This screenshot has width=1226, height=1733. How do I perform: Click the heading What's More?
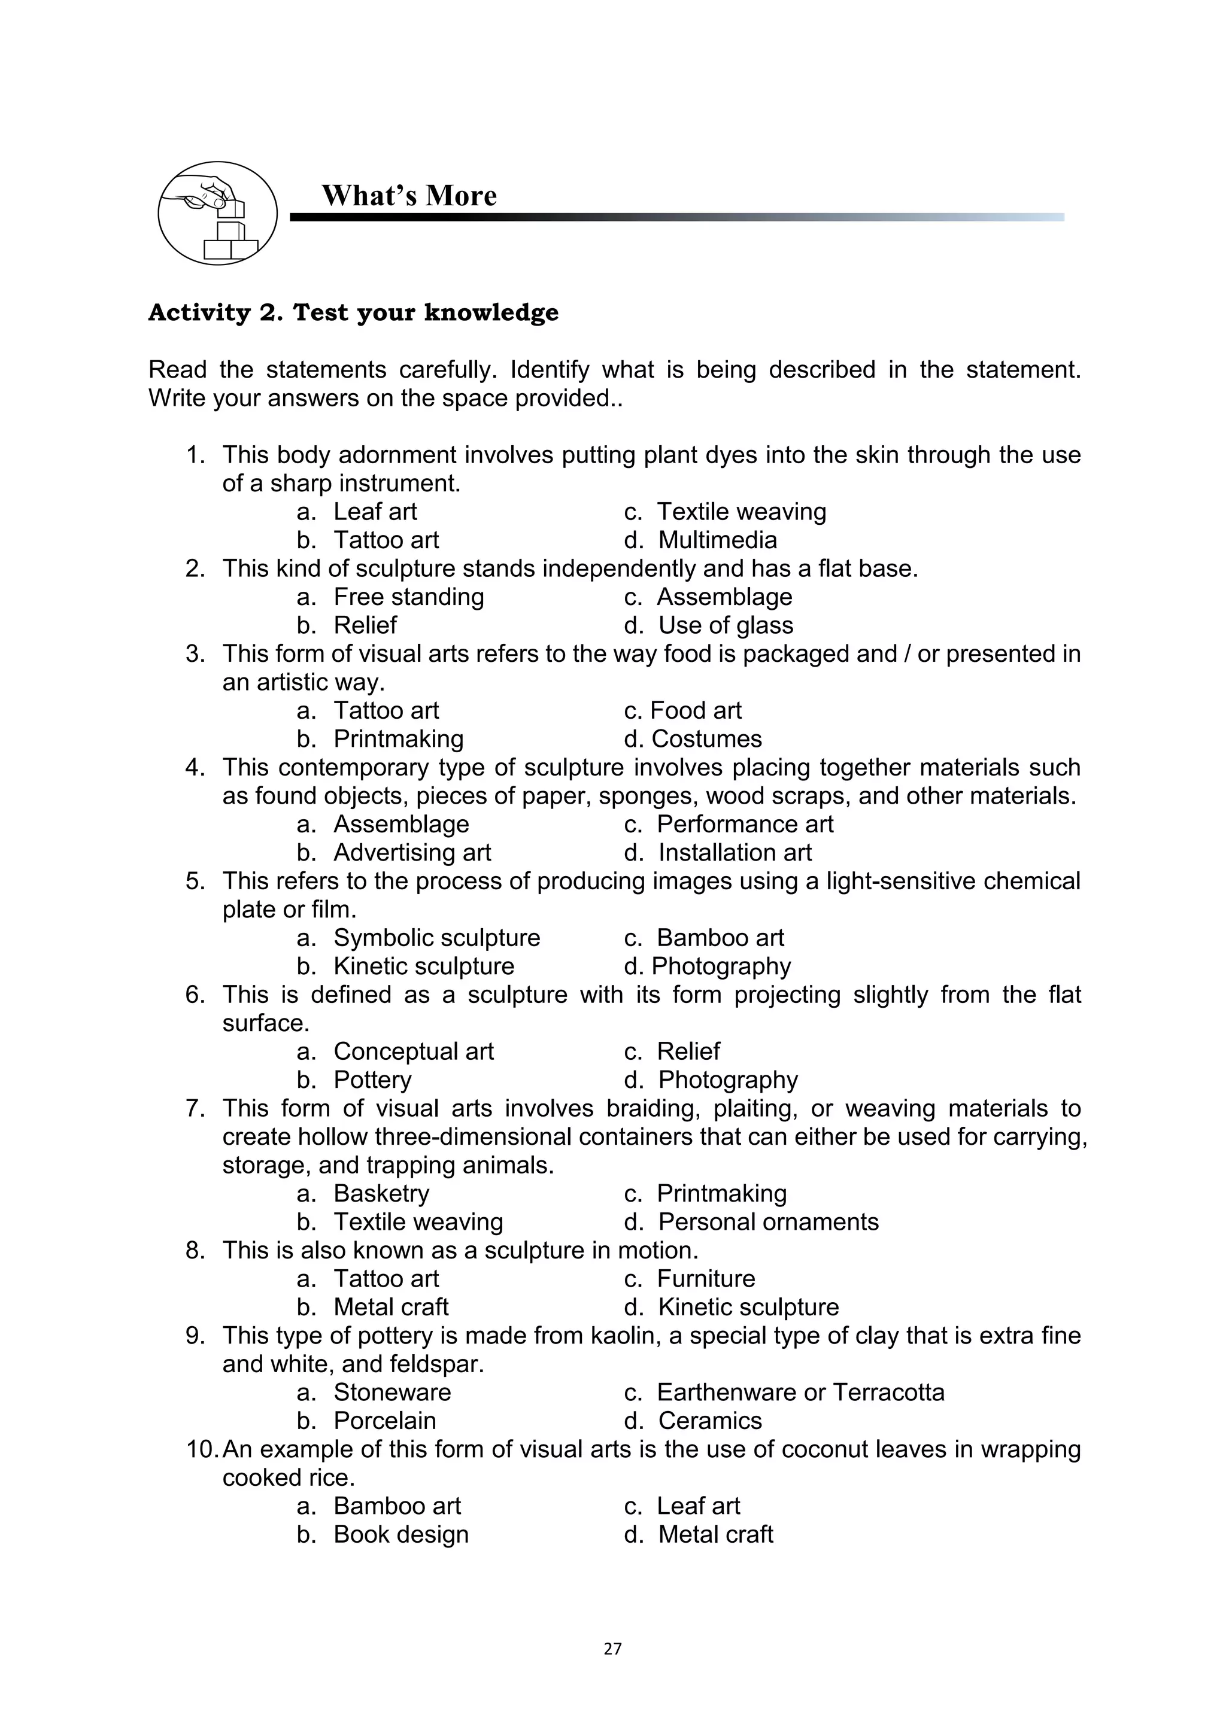coord(409,196)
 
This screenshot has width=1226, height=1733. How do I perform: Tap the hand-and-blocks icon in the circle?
coord(217,214)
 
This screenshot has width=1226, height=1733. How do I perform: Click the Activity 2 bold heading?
coord(353,312)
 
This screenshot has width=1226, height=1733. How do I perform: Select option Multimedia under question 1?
coord(717,540)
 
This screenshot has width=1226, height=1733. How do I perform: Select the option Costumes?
coord(706,738)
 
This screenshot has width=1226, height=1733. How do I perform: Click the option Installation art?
coord(734,852)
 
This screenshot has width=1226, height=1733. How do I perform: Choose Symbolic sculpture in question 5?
coord(436,938)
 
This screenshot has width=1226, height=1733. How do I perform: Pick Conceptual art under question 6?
coord(413,1051)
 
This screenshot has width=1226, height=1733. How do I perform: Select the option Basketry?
coord(381,1193)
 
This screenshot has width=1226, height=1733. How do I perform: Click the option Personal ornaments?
coord(768,1221)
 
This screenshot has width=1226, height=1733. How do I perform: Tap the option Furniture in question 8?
coord(705,1279)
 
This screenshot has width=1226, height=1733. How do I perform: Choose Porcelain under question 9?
coord(384,1421)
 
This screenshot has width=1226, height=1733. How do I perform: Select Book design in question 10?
coord(401,1534)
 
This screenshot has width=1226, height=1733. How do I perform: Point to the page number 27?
coord(612,1649)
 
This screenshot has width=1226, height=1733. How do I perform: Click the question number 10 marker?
coord(202,1449)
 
